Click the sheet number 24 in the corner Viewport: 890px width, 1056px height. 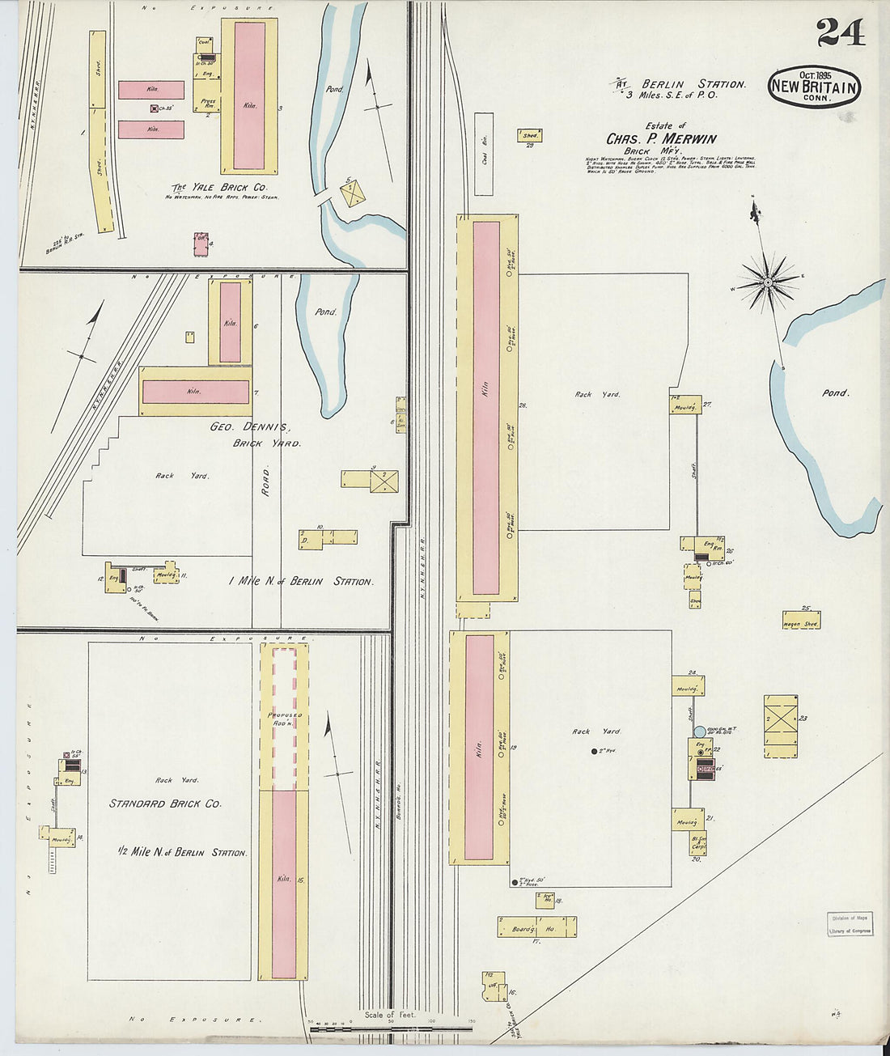point(840,32)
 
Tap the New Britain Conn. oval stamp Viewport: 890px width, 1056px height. point(814,87)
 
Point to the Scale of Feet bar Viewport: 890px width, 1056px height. point(392,1028)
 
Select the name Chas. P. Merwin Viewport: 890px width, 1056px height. point(661,138)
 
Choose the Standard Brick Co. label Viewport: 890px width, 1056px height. point(166,804)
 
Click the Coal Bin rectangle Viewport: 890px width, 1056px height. point(483,153)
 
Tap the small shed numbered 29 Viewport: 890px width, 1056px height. point(530,136)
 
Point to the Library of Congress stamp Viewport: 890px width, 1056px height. point(850,924)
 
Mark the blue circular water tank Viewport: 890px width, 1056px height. point(700,731)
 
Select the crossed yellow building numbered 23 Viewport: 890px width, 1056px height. point(781,726)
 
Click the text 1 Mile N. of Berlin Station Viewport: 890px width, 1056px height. point(301,581)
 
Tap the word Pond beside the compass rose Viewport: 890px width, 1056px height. point(835,392)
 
